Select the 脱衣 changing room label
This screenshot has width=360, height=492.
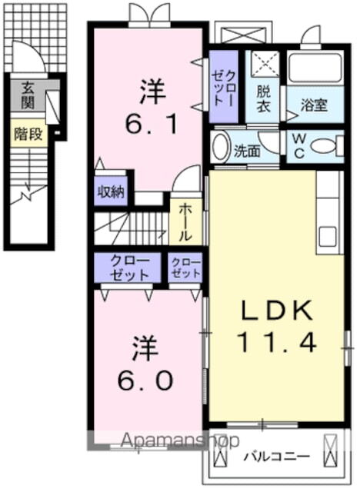[x=262, y=96]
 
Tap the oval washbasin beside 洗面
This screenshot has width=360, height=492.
[x=221, y=146]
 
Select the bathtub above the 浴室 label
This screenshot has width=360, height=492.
[x=314, y=68]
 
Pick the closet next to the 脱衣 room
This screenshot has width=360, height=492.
[x=225, y=87]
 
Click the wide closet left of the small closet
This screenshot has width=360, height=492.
[x=127, y=267]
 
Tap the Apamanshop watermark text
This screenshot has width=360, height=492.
[x=165, y=440]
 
